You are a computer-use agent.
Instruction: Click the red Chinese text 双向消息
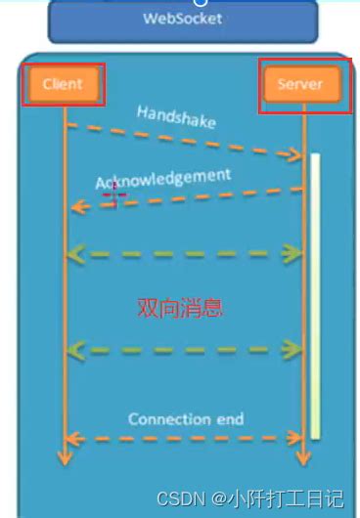pos(180,309)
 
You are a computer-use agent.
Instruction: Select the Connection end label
pos(186,419)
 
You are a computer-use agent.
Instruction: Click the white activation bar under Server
pos(316,293)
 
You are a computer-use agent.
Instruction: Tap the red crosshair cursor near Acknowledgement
pos(114,194)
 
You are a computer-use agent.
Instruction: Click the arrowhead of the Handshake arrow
pos(294,154)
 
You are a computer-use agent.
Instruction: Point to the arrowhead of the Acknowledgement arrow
pos(76,206)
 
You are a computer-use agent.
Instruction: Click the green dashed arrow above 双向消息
pos(183,253)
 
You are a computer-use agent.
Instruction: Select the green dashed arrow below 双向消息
pos(183,349)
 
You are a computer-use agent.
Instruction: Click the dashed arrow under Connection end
pos(183,438)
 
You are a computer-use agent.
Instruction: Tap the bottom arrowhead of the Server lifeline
pos(304,457)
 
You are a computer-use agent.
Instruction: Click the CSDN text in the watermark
pos(178,499)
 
